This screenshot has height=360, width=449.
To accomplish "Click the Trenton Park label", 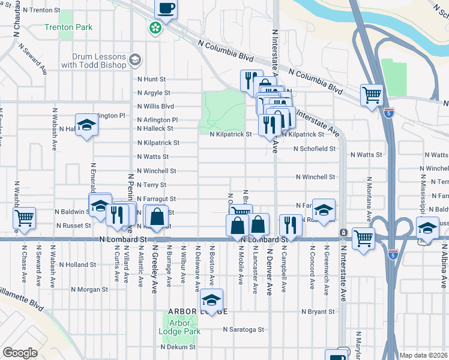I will (68, 28).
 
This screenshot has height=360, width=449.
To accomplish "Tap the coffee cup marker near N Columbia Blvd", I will (166, 9).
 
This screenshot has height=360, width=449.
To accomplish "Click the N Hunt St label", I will (151, 79).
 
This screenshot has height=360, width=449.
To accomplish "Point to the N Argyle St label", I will (154, 93).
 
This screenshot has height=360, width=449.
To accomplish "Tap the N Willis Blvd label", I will (155, 107).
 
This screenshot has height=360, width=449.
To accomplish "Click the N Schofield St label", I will (314, 148).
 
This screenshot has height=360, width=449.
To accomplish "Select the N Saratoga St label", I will (243, 329).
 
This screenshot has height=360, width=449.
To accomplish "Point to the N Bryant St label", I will (318, 312).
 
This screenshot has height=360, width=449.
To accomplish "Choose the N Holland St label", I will (78, 265).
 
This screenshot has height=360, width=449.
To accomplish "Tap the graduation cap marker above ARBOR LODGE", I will (211, 300).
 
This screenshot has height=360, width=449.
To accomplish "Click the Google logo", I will (20, 353).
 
